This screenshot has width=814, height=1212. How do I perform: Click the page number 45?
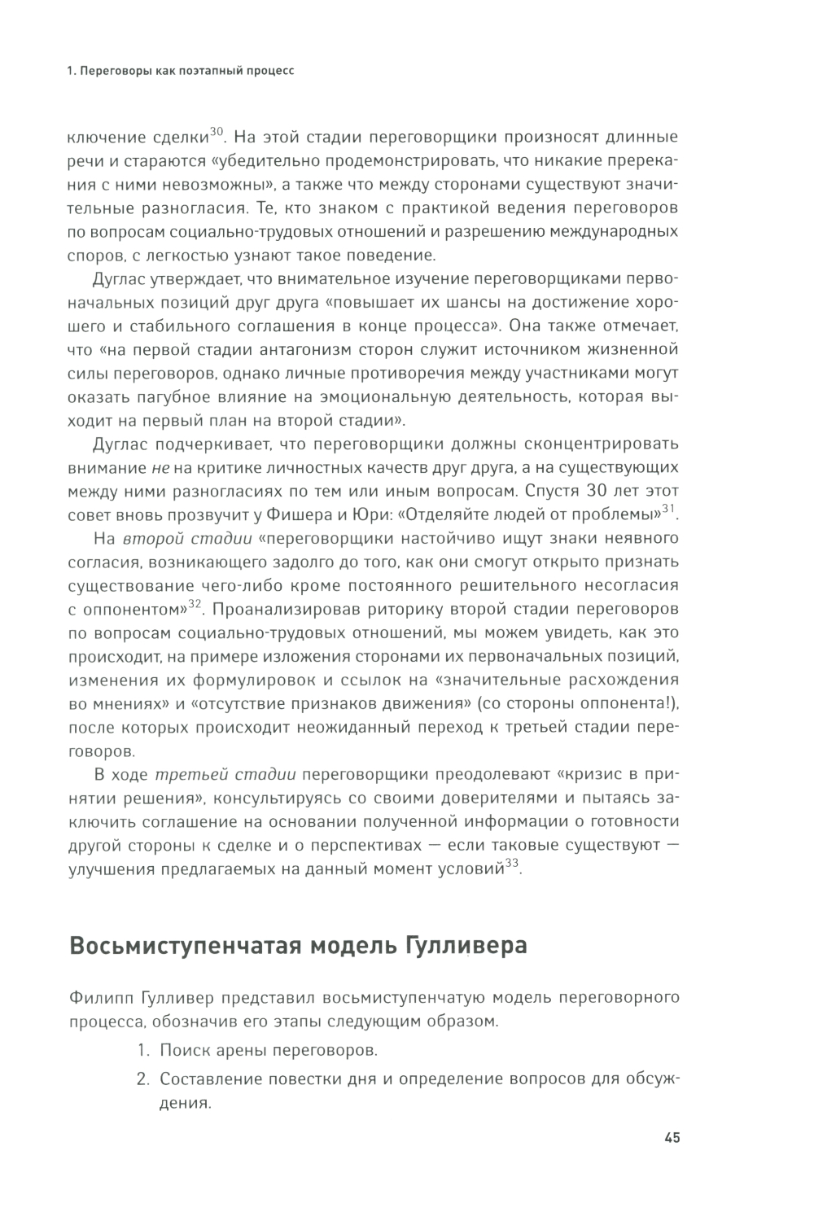click(x=672, y=1138)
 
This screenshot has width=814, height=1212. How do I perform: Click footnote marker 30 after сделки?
click(x=217, y=131)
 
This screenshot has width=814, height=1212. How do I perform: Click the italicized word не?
click(x=160, y=468)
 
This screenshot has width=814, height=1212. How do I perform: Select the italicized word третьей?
click(x=183, y=773)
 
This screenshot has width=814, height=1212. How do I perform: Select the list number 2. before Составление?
click(x=143, y=1080)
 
